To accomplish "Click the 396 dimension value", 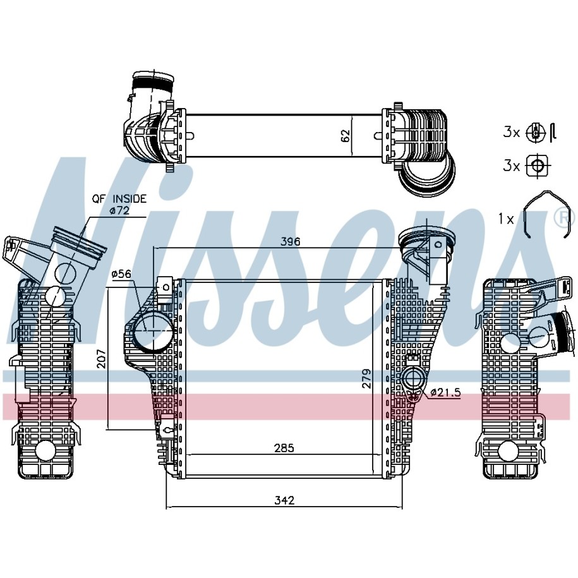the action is pyautogui.click(x=291, y=242).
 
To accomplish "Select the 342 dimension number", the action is pyautogui.click(x=284, y=500).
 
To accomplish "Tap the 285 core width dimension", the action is pyautogui.click(x=284, y=448).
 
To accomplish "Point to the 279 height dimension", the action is pyautogui.click(x=366, y=378).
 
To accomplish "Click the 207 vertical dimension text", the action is pyautogui.click(x=101, y=358).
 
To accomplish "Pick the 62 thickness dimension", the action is pyautogui.click(x=345, y=136).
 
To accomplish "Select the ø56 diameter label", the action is pyautogui.click(x=121, y=274).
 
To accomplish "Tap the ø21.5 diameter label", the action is pyautogui.click(x=445, y=392).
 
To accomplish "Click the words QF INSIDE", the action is pyautogui.click(x=119, y=199).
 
